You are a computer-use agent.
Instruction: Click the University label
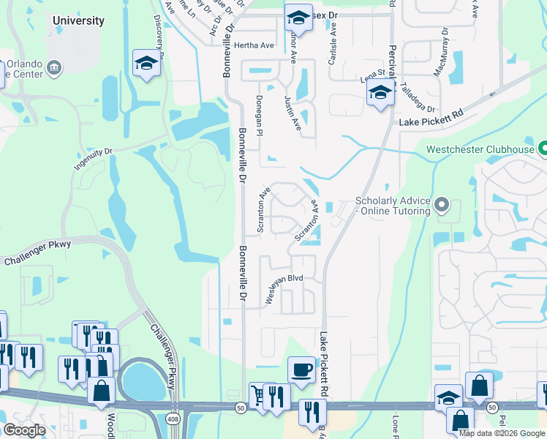[78, 20]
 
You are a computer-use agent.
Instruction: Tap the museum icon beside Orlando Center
[54, 69]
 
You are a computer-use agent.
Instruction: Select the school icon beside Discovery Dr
[146, 64]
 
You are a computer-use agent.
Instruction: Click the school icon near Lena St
[380, 94]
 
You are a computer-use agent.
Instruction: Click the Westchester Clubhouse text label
[480, 150]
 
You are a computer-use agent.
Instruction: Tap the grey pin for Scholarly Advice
[441, 206]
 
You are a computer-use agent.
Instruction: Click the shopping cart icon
[258, 395]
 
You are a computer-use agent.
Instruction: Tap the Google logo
[24, 429]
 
